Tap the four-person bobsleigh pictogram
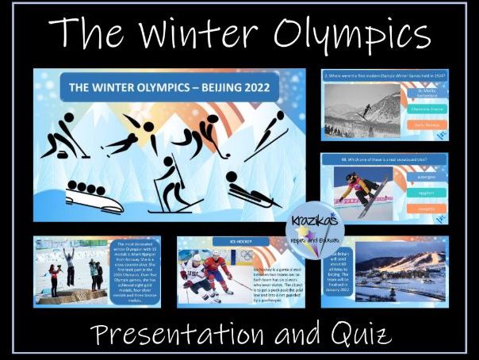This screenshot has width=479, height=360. click(x=94, y=196)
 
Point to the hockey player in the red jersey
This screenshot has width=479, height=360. click(x=216, y=274)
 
